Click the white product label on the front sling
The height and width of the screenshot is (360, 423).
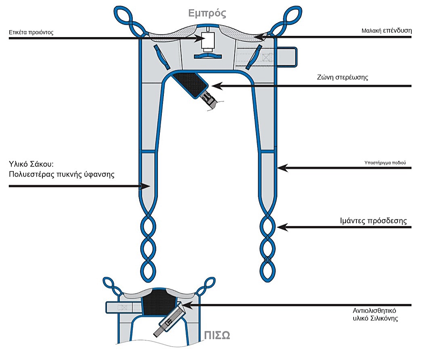[x=209, y=41]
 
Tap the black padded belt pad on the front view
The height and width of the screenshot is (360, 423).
[x=190, y=84]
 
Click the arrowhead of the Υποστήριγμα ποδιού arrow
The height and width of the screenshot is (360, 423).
[x=281, y=167]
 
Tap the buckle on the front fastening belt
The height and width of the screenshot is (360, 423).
[x=209, y=98]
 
